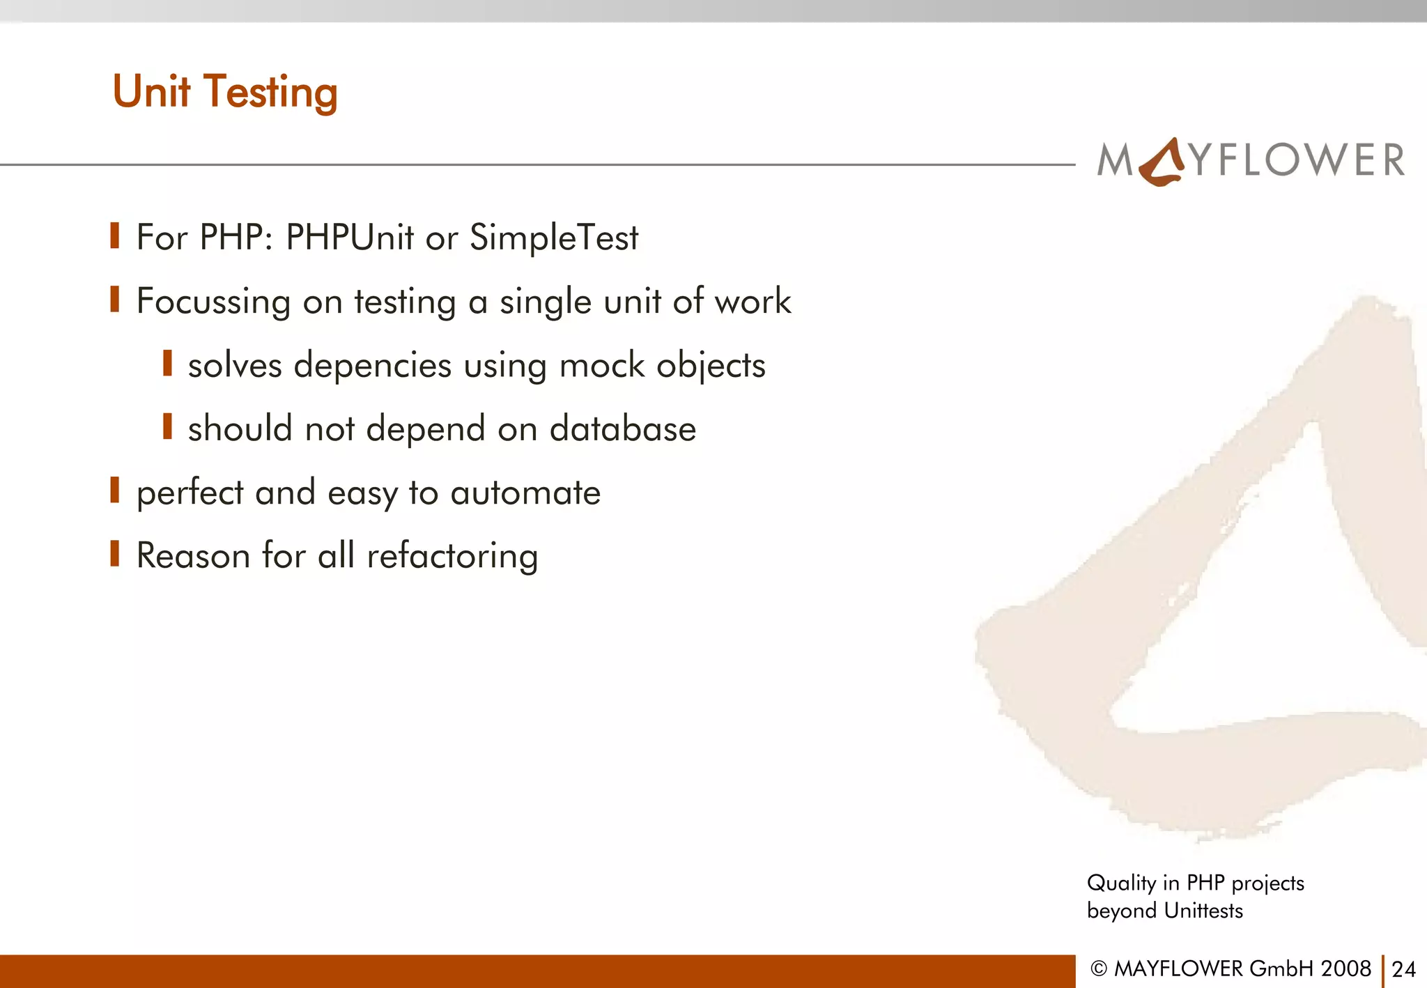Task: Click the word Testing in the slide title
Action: pyautogui.click(x=270, y=93)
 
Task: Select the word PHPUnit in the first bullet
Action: pyautogui.click(x=350, y=237)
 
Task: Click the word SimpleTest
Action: pyautogui.click(x=553, y=238)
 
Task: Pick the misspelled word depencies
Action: pyautogui.click(x=373, y=366)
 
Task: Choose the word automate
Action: pyautogui.click(x=525, y=493)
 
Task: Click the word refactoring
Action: pyautogui.click(x=452, y=557)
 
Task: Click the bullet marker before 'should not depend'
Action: pyautogui.click(x=167, y=426)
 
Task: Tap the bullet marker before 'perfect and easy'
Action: pyautogui.click(x=115, y=491)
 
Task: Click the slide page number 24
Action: pyautogui.click(x=1403, y=969)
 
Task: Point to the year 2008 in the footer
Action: pyautogui.click(x=1345, y=968)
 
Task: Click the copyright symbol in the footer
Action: pyautogui.click(x=1099, y=968)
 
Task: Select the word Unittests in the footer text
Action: pyautogui.click(x=1203, y=911)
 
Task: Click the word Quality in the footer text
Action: pyautogui.click(x=1122, y=883)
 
